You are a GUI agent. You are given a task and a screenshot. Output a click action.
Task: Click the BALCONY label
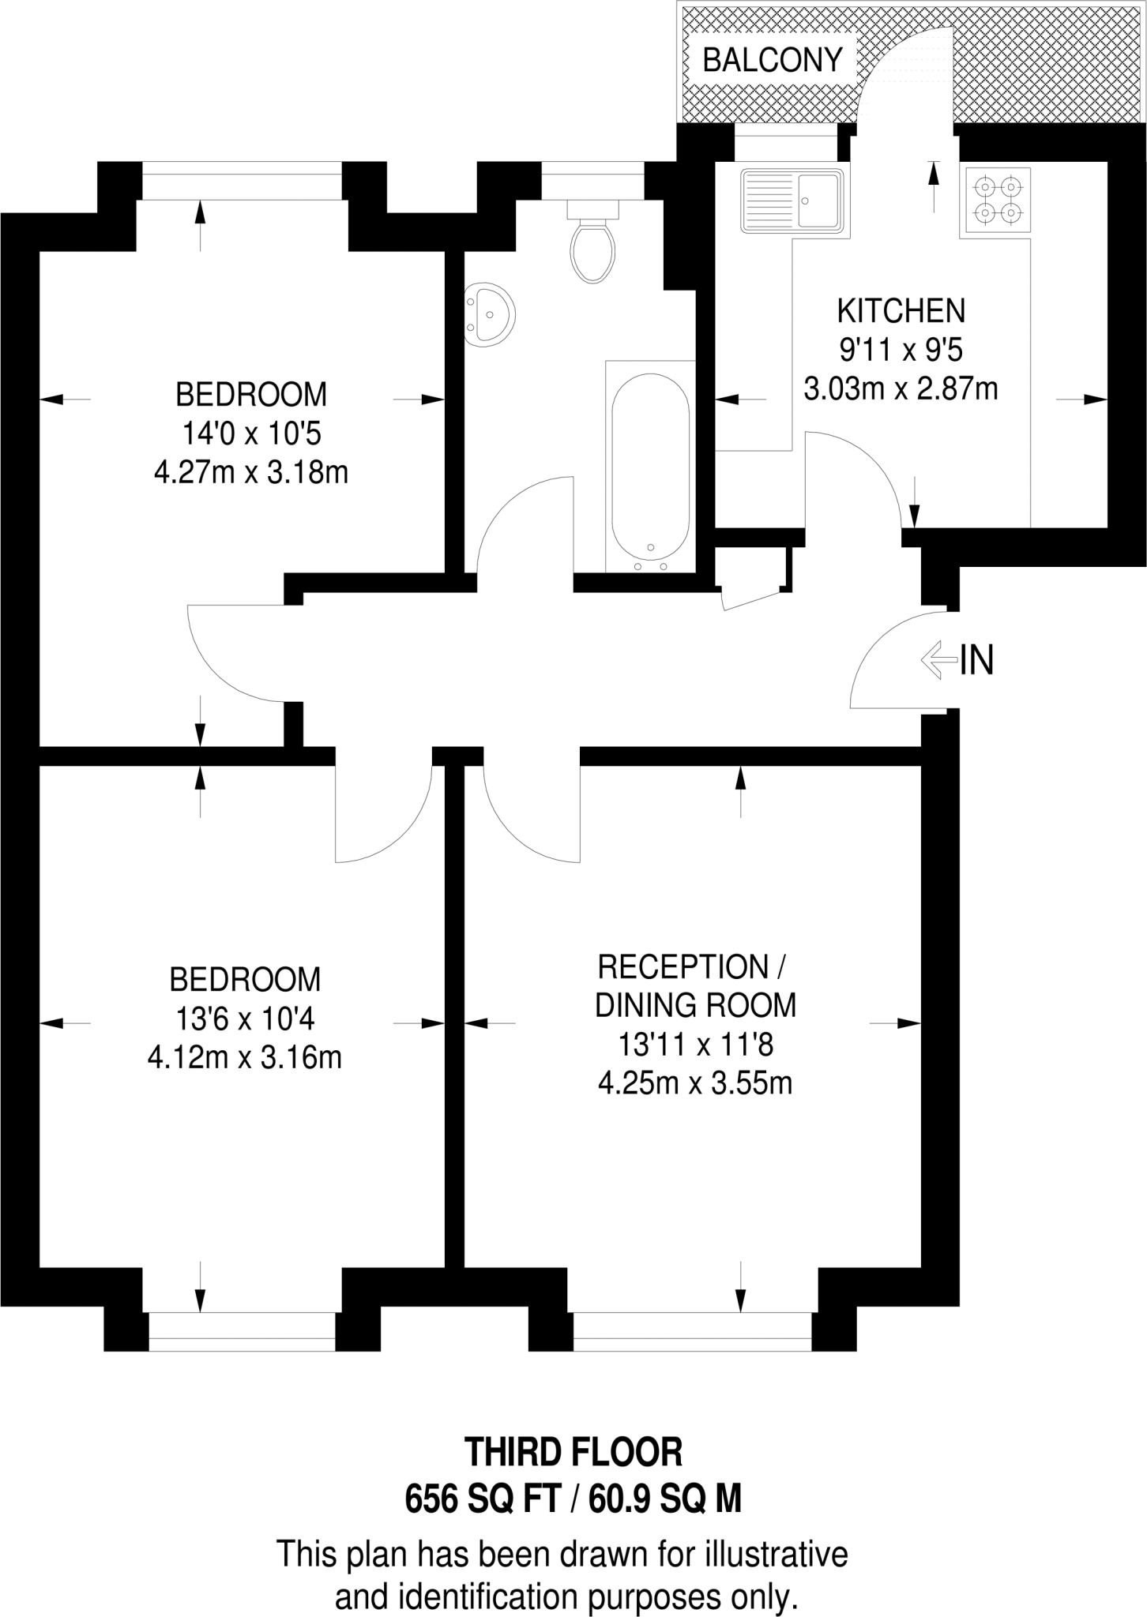click(x=773, y=60)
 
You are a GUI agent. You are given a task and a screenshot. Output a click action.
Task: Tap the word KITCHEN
click(x=901, y=311)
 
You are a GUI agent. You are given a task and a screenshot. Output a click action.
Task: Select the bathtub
click(x=651, y=467)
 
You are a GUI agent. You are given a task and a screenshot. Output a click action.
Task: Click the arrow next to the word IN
click(x=938, y=659)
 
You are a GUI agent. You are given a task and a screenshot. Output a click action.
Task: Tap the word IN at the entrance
click(x=976, y=660)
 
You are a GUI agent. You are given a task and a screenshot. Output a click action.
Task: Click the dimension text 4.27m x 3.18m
click(x=250, y=473)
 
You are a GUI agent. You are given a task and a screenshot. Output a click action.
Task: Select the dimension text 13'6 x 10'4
click(x=245, y=1019)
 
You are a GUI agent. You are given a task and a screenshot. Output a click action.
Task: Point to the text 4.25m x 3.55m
click(x=695, y=1083)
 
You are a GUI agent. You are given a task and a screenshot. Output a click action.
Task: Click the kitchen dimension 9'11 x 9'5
click(x=901, y=350)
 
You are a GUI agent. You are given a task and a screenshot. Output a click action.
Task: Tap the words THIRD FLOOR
click(x=573, y=1453)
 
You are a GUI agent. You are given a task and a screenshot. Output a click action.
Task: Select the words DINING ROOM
click(x=695, y=1006)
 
